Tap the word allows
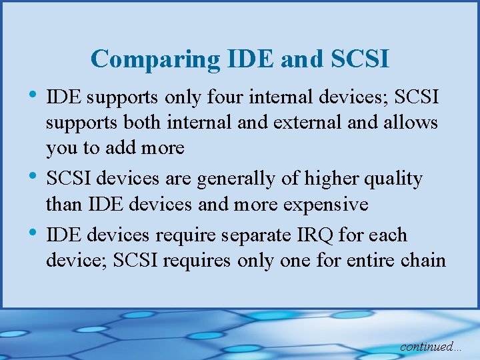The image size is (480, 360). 409,123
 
